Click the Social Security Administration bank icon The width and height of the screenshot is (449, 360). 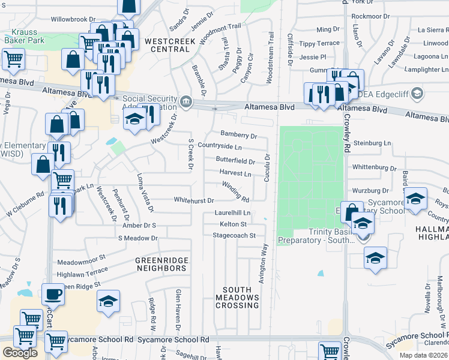186,100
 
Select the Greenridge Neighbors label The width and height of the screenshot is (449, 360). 161,264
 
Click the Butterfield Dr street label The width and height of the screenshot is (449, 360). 235,161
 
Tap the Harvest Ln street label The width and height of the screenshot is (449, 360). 235,173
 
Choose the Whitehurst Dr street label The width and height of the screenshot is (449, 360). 194,200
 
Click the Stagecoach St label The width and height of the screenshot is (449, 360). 234,235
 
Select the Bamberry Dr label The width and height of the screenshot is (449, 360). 238,135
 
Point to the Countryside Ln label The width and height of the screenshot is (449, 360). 220,146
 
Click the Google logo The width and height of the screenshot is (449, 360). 20,353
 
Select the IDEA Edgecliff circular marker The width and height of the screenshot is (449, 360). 418,94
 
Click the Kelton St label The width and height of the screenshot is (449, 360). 234,224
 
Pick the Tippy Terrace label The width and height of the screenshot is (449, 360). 319,43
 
